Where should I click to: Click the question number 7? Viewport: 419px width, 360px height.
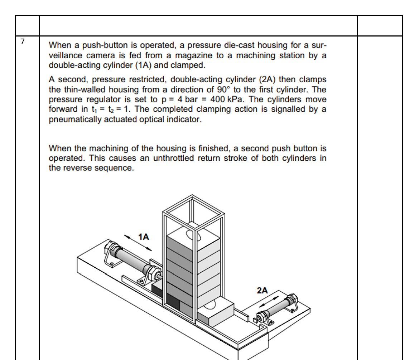23,42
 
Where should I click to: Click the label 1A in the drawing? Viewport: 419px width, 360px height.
144,237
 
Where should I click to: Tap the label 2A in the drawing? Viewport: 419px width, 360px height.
262,291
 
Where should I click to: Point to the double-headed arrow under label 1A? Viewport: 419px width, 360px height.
138,243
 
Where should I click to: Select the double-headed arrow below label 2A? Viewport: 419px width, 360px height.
268,301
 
